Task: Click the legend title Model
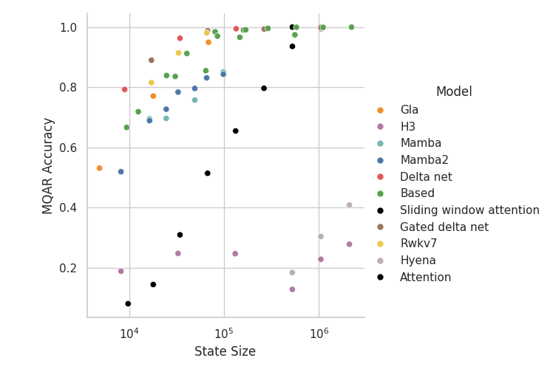454,92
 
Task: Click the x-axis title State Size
225,352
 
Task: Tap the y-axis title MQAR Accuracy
48,165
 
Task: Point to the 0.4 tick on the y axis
69,208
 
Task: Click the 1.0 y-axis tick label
69,27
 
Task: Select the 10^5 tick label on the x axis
224,333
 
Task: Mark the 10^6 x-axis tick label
319,333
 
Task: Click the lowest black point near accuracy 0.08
128,303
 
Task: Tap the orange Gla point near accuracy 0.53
100,168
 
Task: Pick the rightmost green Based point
351,27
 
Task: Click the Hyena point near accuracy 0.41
349,205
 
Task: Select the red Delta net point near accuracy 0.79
124,89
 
